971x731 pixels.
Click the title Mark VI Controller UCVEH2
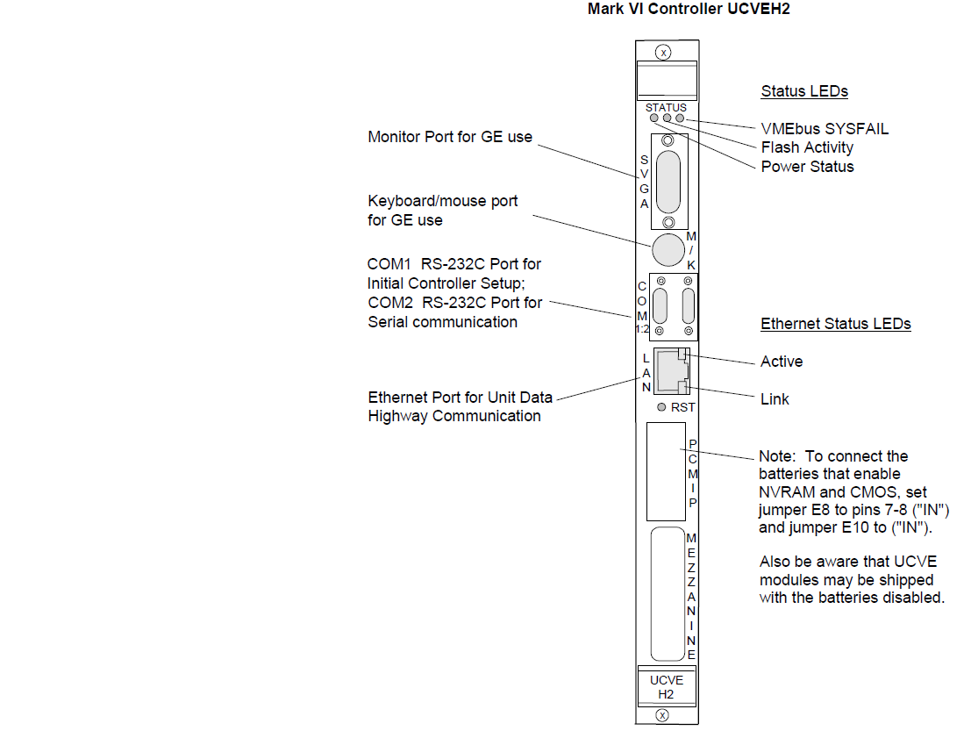click(x=683, y=11)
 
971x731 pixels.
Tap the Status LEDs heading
click(x=804, y=91)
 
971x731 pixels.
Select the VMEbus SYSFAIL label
click(x=825, y=129)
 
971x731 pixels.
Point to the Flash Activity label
click(x=807, y=147)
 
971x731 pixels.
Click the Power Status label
click(x=807, y=167)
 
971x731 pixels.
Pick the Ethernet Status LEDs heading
click(x=835, y=324)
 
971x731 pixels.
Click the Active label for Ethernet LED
click(x=782, y=362)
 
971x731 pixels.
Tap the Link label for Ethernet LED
click(x=775, y=399)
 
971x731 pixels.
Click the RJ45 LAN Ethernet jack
click(x=671, y=372)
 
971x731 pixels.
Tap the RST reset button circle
click(x=662, y=407)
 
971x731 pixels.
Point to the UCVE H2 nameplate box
click(x=666, y=687)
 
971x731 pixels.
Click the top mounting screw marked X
click(x=664, y=53)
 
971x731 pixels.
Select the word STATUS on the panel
click(x=666, y=108)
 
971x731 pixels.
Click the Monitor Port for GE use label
click(x=450, y=137)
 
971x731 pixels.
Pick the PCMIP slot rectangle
click(x=665, y=471)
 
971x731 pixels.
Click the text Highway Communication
click(x=454, y=416)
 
